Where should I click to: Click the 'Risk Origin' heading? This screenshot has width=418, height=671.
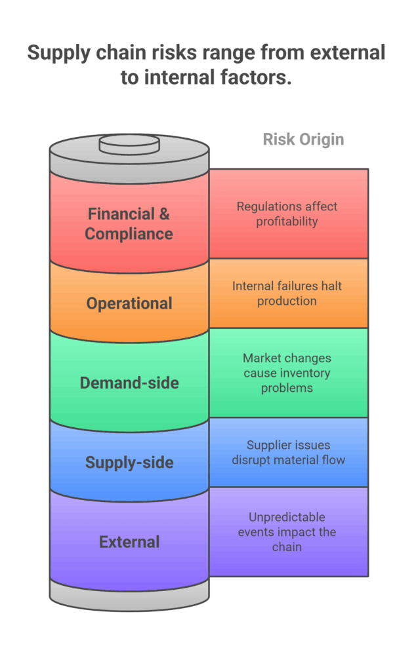tap(303, 140)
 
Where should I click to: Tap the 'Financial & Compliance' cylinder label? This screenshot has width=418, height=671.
tap(129, 223)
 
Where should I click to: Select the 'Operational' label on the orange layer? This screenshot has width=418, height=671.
tap(129, 303)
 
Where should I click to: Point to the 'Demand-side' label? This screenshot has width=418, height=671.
tap(129, 383)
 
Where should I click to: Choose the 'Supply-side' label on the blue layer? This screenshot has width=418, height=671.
tap(129, 463)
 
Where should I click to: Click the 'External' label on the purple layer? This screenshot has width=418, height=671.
tap(129, 542)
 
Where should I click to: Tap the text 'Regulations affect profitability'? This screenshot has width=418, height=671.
tap(287, 214)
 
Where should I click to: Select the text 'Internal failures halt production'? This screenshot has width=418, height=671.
tap(287, 294)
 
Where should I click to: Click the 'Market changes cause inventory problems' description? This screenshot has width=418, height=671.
tap(287, 373)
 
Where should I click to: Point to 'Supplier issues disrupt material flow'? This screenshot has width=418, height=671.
tap(287, 452)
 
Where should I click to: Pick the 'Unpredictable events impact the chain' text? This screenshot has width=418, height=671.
tap(287, 531)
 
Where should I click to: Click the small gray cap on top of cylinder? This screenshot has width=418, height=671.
tap(129, 144)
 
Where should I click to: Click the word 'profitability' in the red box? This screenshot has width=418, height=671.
tap(287, 221)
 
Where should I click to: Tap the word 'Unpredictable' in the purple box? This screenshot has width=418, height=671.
tap(287, 517)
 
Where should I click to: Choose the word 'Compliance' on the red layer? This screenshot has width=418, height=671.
tap(129, 233)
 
